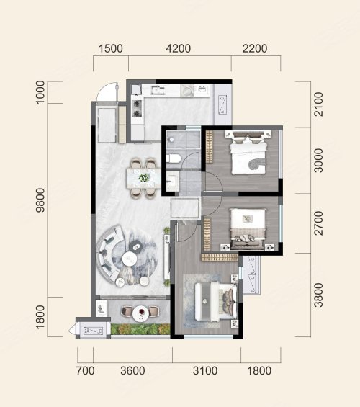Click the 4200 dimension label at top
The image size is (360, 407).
coord(178,48)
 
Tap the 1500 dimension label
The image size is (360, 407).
coord(111,48)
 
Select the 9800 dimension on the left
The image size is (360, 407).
coord(40,200)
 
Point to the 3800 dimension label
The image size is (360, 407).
coord(318,295)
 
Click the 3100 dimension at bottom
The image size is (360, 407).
coord(205,371)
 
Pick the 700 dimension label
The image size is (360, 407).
coord(86,371)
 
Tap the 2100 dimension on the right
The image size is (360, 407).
coord(318,104)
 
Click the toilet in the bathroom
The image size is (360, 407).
coord(174,158)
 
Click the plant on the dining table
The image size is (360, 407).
coord(144,178)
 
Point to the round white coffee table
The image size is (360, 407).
coord(130,259)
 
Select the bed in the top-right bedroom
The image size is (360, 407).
coord(248,153)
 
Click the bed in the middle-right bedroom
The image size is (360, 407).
coord(248,228)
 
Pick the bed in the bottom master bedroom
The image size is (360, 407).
coord(216,302)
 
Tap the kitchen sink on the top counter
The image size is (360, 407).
coord(158,90)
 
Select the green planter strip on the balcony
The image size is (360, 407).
coord(140,329)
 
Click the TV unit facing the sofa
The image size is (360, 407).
coord(167,257)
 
